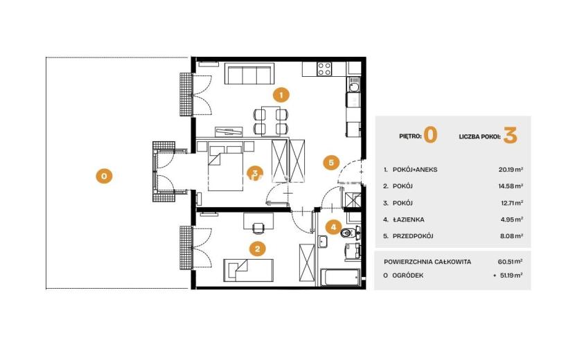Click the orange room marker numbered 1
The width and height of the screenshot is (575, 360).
(x=281, y=96)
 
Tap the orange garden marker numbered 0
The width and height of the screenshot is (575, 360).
(x=104, y=177)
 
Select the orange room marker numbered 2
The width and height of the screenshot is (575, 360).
(x=258, y=249)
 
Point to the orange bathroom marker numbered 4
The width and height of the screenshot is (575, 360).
(x=333, y=227)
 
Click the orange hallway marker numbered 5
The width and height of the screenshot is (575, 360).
(x=331, y=163)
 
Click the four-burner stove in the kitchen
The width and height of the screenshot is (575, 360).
(x=324, y=69)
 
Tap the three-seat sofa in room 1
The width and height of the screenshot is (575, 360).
(x=249, y=73)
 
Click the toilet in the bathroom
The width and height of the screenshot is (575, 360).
(x=348, y=233)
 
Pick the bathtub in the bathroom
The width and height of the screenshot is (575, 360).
(x=340, y=278)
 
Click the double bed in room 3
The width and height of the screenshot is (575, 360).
(x=225, y=166)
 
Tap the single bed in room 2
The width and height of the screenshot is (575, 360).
(x=248, y=270)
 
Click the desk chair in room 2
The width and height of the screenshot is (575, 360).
(x=258, y=227)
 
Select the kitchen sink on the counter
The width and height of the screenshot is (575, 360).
(x=354, y=87)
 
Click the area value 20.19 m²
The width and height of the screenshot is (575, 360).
(x=511, y=170)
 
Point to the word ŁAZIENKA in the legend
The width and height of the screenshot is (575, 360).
(x=408, y=219)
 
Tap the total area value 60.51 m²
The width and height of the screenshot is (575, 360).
(x=510, y=262)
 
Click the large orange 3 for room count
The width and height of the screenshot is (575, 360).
(x=510, y=135)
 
